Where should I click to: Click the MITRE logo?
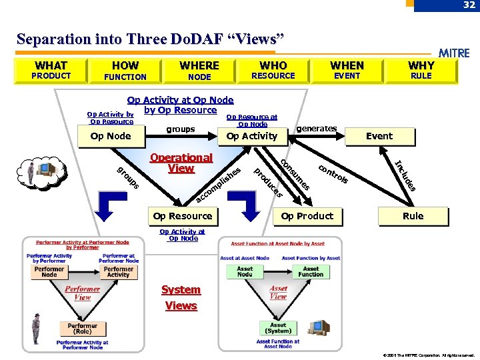pos(454,53)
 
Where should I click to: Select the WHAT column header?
pos(51,65)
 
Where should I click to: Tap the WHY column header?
pos(421,65)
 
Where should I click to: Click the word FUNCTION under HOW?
pos(125,77)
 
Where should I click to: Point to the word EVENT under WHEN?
pos(347,76)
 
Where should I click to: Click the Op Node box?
pos(111,136)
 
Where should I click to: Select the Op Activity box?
pos(252,136)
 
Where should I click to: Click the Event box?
pos(379,136)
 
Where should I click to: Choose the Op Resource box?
pos(182,216)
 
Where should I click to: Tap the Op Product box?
pos(307,216)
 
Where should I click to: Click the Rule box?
pos(413,216)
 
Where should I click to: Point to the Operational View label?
pos(181,163)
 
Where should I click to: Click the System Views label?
pos(181,297)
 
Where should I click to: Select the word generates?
pos(317,128)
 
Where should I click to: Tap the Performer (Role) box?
pos(82,329)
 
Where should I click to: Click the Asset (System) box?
pos(278,328)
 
